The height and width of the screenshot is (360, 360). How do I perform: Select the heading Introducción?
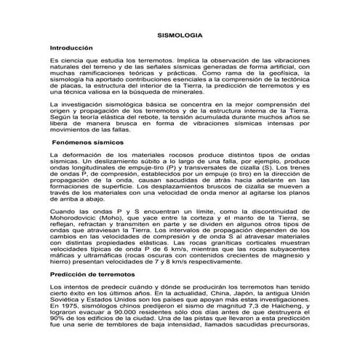[72, 47]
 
